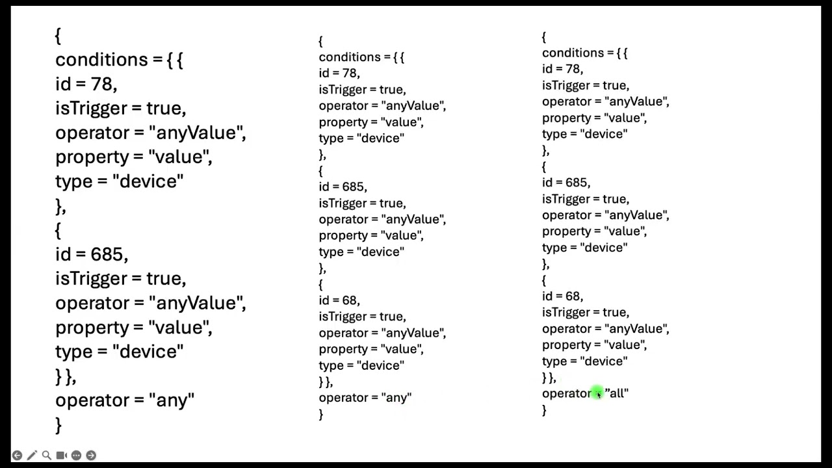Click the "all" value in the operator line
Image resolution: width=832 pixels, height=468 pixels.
point(617,393)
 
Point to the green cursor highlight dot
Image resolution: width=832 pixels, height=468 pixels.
point(597,393)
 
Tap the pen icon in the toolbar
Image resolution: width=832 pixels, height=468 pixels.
point(32,455)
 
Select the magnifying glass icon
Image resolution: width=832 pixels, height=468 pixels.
point(46,455)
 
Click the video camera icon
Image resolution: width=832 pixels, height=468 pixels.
point(61,455)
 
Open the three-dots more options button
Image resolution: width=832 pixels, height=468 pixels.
point(76,455)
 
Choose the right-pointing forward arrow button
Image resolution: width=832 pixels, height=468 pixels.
point(91,455)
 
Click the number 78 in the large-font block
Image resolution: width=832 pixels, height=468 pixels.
point(102,84)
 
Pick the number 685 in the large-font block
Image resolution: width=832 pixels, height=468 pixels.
point(107,254)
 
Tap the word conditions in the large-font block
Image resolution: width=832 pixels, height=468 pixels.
point(101,59)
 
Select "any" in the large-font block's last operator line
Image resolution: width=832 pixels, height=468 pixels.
point(171,400)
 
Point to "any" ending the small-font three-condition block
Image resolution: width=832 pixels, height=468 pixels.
point(396,398)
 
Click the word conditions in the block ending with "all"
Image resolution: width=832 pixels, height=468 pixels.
point(573,53)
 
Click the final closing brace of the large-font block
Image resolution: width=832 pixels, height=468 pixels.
point(58,425)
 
